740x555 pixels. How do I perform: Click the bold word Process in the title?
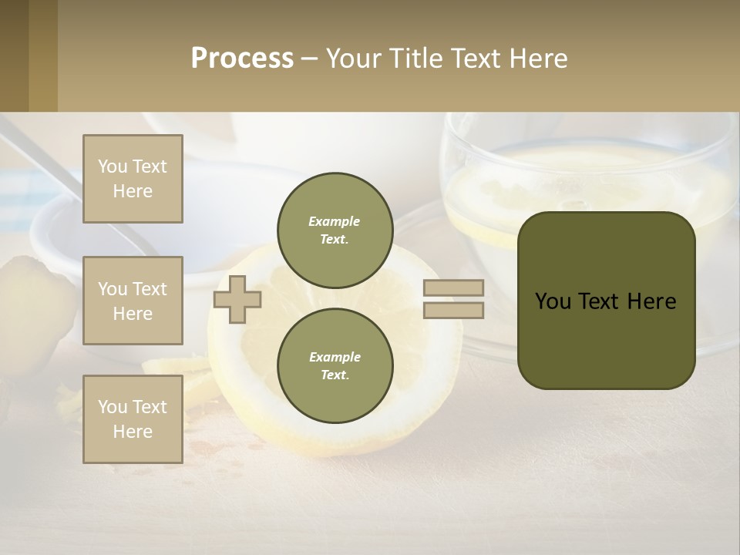(242, 59)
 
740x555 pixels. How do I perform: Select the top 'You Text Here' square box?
(133, 179)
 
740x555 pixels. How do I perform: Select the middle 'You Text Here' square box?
(133, 301)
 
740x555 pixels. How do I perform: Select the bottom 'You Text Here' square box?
(133, 419)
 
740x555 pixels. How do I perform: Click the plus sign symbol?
(237, 299)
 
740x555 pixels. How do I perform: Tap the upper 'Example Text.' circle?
(335, 230)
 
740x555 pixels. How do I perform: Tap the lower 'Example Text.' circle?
(335, 366)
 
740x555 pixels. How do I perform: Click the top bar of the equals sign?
(453, 288)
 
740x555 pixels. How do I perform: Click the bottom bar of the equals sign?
(453, 311)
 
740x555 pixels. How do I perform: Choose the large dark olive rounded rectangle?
(606, 339)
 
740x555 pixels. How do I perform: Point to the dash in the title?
(310, 59)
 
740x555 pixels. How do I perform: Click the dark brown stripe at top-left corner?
(14, 55)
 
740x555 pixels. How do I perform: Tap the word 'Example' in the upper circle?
(335, 221)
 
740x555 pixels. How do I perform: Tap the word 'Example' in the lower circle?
(335, 357)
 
